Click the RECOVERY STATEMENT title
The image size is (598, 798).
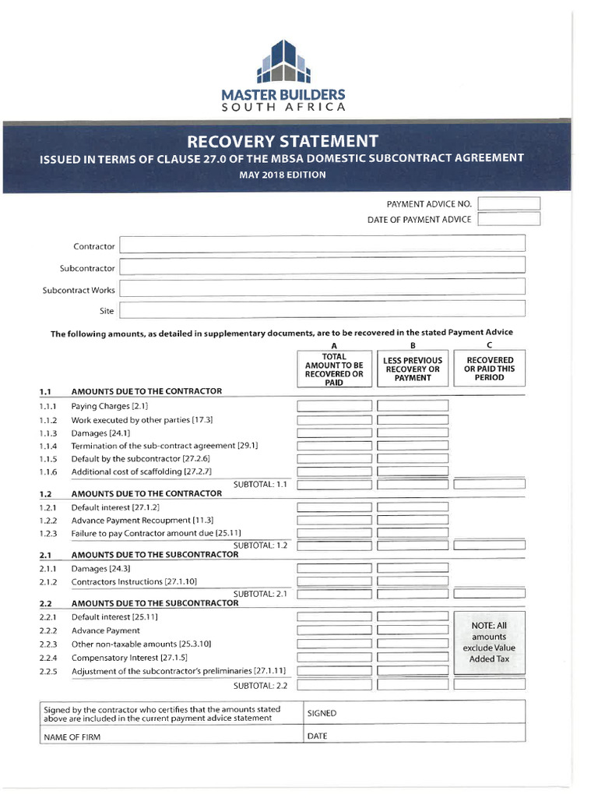(282, 141)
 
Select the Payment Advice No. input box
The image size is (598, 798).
(508, 203)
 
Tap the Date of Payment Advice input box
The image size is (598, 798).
(508, 219)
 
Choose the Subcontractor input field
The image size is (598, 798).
(322, 267)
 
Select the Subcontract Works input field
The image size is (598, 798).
(322, 289)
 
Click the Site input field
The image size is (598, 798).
(322, 310)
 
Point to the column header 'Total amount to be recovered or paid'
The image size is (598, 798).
(334, 369)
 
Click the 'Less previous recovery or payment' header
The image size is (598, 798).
(412, 369)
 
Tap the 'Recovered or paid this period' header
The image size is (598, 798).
(489, 369)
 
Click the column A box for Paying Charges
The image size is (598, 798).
(334, 406)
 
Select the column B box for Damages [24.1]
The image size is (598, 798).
(412, 433)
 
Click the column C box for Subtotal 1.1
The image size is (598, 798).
(489, 484)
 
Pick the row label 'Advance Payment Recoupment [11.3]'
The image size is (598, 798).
(142, 520)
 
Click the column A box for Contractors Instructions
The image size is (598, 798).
(334, 581)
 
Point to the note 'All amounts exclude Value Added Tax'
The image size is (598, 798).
(489, 642)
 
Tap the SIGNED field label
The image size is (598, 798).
(322, 713)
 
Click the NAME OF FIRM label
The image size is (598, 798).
(72, 736)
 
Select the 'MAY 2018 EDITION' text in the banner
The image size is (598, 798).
(282, 175)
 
